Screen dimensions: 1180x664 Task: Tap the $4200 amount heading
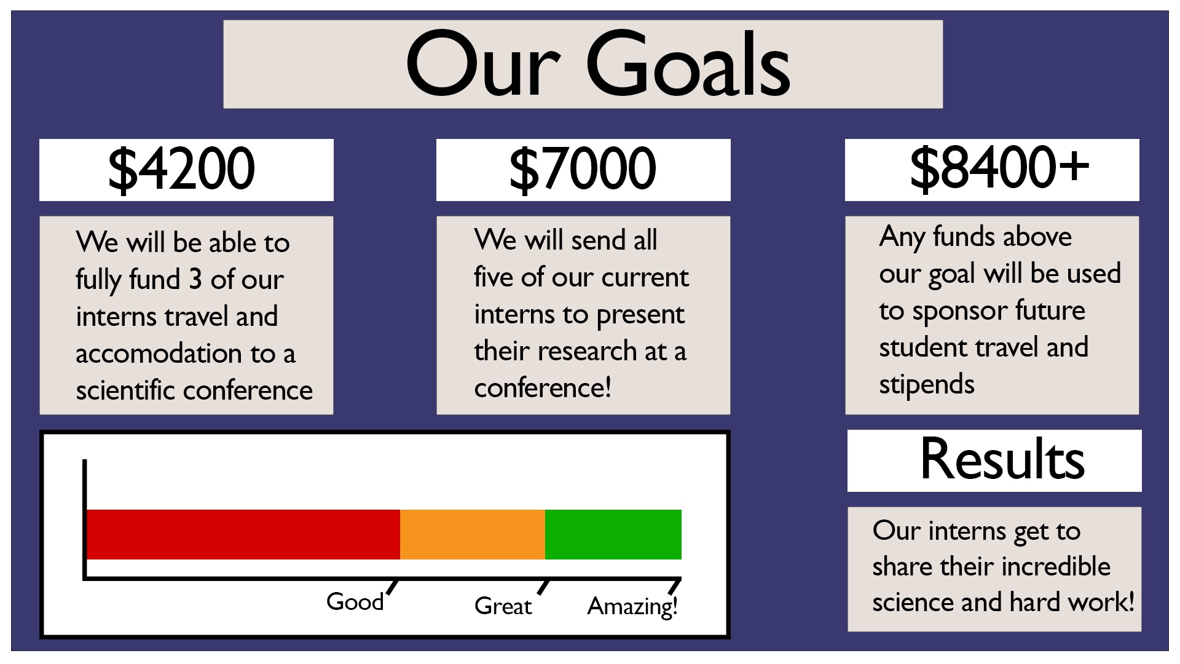(181, 168)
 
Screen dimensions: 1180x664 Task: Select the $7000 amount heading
(583, 168)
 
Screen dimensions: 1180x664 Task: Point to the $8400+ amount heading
(999, 167)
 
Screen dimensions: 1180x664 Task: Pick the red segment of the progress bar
(243, 534)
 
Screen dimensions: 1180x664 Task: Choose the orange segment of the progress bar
(473, 534)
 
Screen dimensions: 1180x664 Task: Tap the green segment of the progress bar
(613, 534)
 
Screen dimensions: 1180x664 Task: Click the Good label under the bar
(355, 601)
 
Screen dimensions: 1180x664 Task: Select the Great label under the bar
(503, 606)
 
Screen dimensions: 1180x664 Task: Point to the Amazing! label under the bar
(632, 607)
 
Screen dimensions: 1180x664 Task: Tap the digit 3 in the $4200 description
(195, 280)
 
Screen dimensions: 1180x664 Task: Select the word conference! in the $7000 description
(542, 388)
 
